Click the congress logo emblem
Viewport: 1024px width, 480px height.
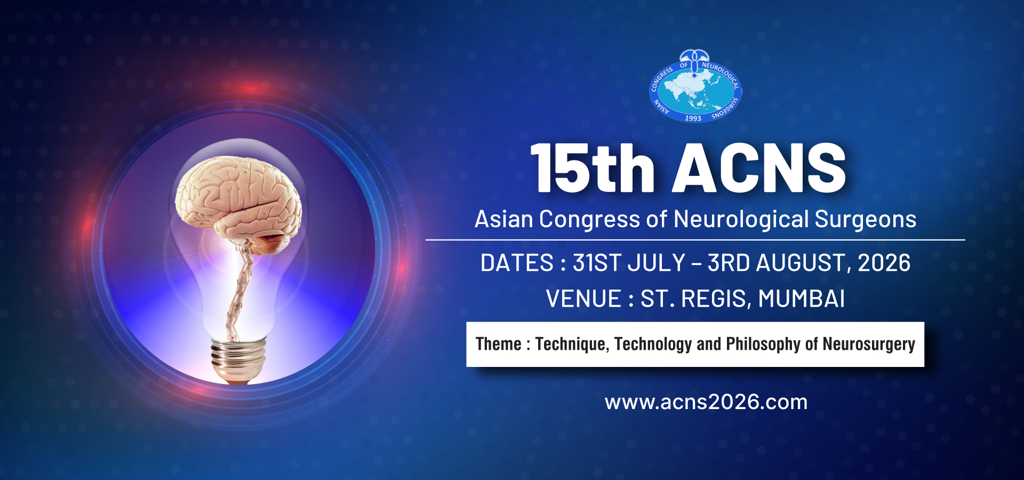coord(695,86)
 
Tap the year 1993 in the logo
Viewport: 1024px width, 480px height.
coord(693,118)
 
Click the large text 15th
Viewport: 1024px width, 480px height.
coord(593,169)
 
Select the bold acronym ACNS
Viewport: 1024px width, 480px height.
coord(759,168)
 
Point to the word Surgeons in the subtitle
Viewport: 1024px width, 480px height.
coord(866,220)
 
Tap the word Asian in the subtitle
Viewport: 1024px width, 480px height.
coord(504,219)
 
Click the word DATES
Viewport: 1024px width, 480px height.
coord(517,263)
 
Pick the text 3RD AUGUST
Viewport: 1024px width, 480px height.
coord(777,263)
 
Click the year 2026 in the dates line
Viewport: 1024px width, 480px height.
coord(884,263)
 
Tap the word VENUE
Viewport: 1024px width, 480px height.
coord(583,299)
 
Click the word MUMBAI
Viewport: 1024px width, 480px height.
coord(802,299)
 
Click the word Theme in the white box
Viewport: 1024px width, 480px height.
coord(499,344)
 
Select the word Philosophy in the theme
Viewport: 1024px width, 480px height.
coord(763,345)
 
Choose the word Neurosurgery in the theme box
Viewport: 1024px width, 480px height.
coord(869,345)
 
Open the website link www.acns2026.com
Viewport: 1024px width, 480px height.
coord(706,402)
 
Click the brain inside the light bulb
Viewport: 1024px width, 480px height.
coord(239,200)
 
